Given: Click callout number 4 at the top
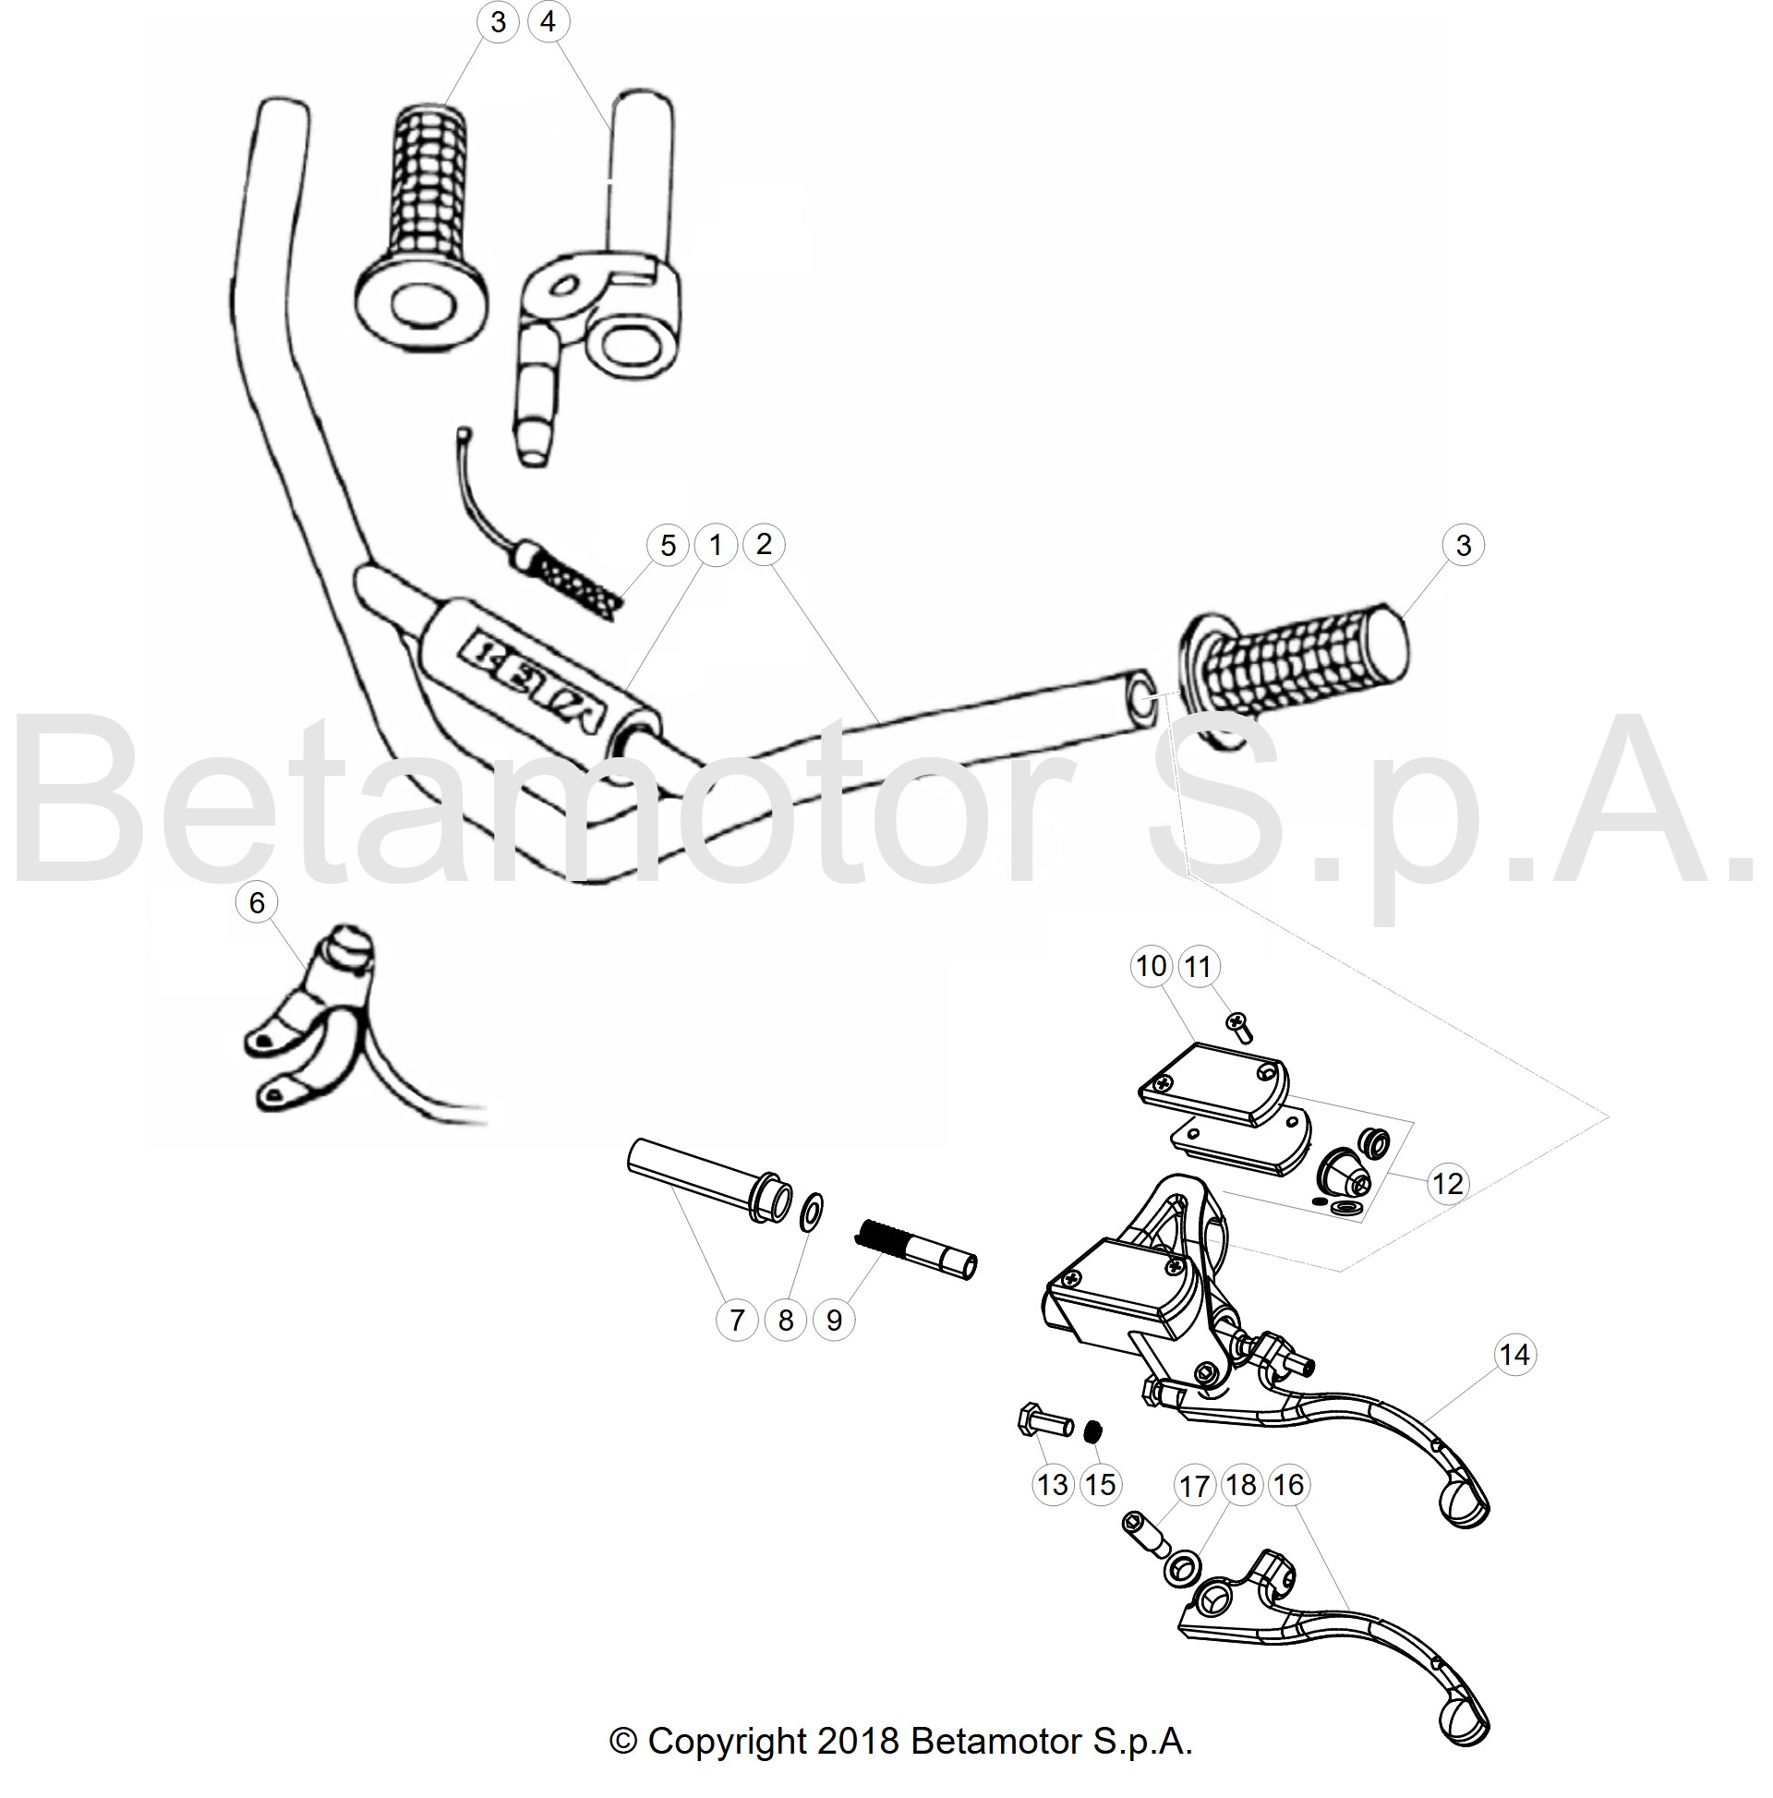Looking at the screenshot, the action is (548, 21).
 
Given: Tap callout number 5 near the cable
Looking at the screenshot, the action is (668, 546).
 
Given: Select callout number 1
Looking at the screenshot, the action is (715, 546).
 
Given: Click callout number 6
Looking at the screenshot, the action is (257, 902).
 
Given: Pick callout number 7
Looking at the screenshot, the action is (737, 1320).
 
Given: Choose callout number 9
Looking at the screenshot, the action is (834, 1320).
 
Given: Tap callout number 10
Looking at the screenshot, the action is (1152, 966).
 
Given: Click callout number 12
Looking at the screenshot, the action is (1447, 1184).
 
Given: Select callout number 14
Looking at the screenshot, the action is (1514, 1355).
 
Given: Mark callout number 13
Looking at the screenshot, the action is (1053, 1484).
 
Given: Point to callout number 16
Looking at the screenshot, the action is (1287, 1484).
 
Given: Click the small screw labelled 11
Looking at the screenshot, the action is (1238, 1028).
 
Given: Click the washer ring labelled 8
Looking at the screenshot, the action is (811, 1213).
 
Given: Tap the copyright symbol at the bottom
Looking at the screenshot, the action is (623, 1743).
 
